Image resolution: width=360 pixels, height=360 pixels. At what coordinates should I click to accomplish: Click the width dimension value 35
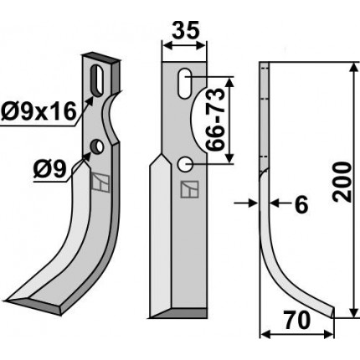coord(186,30)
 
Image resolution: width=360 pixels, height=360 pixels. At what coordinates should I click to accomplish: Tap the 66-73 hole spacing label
coord(214,120)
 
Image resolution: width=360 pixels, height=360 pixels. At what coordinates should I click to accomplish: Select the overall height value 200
coord(342,182)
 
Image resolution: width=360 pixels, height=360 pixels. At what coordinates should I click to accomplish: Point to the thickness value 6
coord(301,204)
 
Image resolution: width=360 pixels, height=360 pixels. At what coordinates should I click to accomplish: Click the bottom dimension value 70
coord(297,321)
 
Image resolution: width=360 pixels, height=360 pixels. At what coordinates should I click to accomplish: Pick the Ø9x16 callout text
coord(39,111)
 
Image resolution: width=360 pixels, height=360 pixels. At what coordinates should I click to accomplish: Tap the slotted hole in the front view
coord(184,83)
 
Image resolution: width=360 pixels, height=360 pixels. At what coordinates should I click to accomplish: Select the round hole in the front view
coord(184,164)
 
